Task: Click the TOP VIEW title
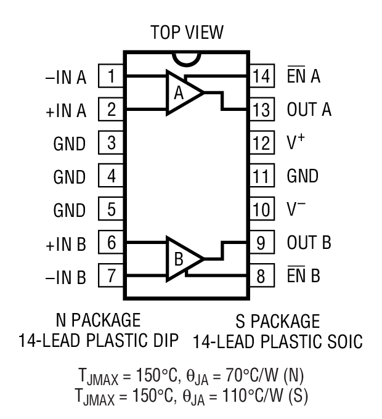pos(187,32)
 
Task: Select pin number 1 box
pos(112,78)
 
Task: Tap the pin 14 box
pos(261,78)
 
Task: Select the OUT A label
pos(309,111)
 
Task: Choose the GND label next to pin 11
pos(303,177)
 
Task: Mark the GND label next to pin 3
pos(70,144)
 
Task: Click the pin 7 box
pos(112,275)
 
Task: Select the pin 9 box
pos(261,243)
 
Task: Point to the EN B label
pos(304,275)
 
